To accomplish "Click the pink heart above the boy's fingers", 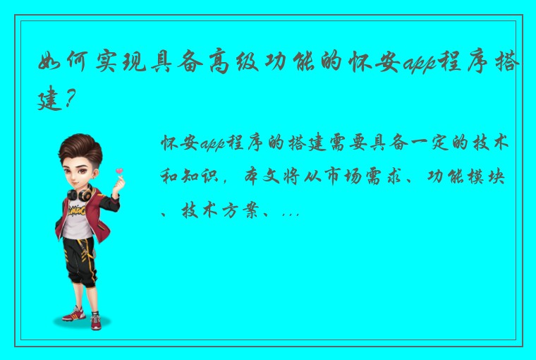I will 118,170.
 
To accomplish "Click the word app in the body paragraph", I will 209,145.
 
